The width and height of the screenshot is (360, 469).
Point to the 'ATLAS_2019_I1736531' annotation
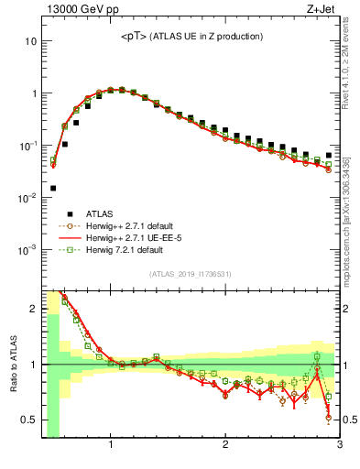(x=191, y=273)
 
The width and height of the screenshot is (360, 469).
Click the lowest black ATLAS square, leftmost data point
(x=53, y=188)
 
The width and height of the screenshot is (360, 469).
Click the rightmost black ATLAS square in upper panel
(x=329, y=156)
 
